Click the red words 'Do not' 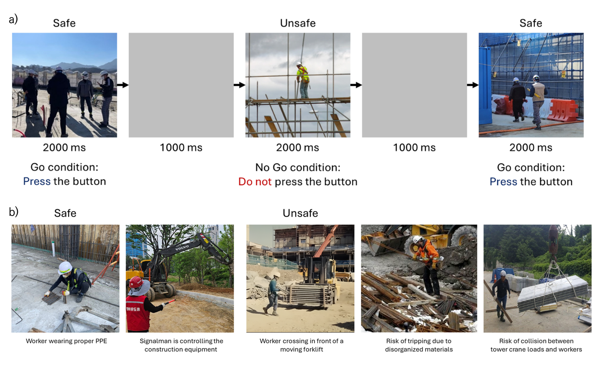[x=255, y=182]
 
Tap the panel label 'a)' [x=13, y=19]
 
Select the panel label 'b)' [x=14, y=212]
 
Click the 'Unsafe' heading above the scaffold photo [x=298, y=23]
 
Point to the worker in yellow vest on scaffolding [x=303, y=80]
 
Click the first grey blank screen [x=181, y=85]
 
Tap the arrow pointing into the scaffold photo [x=239, y=85]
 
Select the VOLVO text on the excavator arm [x=182, y=248]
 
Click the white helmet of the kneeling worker [x=65, y=268]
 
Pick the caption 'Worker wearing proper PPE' [x=66, y=341]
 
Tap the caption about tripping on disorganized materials [x=419, y=345]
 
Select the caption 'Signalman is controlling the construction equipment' [x=181, y=345]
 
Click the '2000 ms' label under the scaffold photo [x=298, y=148]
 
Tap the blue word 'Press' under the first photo [x=37, y=181]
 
